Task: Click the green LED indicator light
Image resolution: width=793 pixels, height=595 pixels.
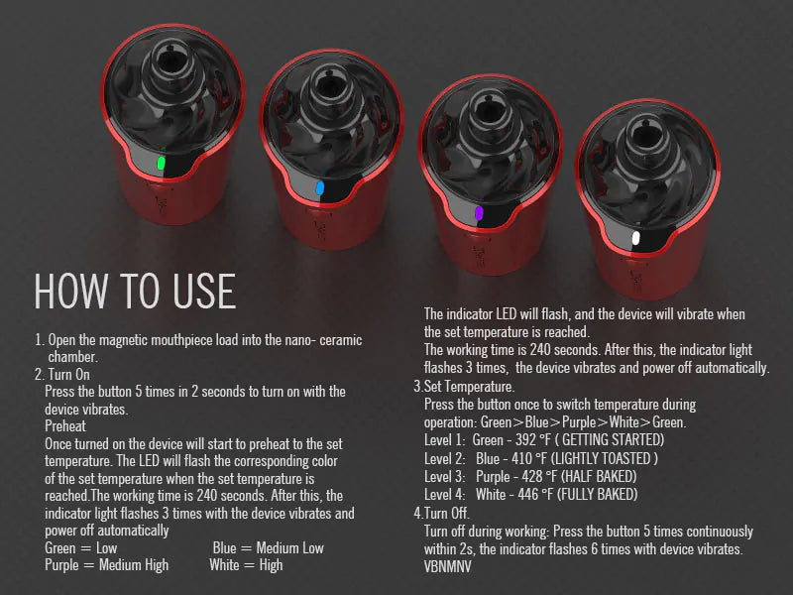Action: point(161,163)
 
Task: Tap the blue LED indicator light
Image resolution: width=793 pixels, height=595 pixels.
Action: point(319,188)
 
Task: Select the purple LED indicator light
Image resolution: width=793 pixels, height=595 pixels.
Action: point(479,213)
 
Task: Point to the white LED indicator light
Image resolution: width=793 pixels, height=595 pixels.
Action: point(635,238)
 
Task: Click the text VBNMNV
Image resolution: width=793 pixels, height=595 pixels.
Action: point(448,566)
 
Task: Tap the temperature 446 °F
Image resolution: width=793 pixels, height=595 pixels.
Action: point(535,494)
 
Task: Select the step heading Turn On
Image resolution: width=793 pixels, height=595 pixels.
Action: point(68,375)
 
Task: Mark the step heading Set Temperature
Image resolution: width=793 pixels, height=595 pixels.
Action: point(469,387)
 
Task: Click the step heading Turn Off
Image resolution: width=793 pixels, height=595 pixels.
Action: point(447,513)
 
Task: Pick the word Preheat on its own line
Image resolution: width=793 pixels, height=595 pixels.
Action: point(65,426)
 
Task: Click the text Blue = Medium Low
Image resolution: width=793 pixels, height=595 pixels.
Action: point(268,548)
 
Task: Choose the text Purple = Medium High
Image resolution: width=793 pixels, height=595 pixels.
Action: point(107,565)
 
